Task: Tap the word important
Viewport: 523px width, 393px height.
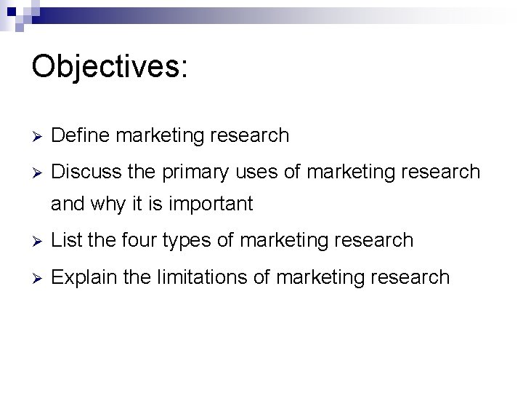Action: pos(212,205)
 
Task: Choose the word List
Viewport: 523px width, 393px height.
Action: pos(67,239)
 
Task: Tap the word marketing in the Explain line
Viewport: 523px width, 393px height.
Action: pos(320,277)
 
